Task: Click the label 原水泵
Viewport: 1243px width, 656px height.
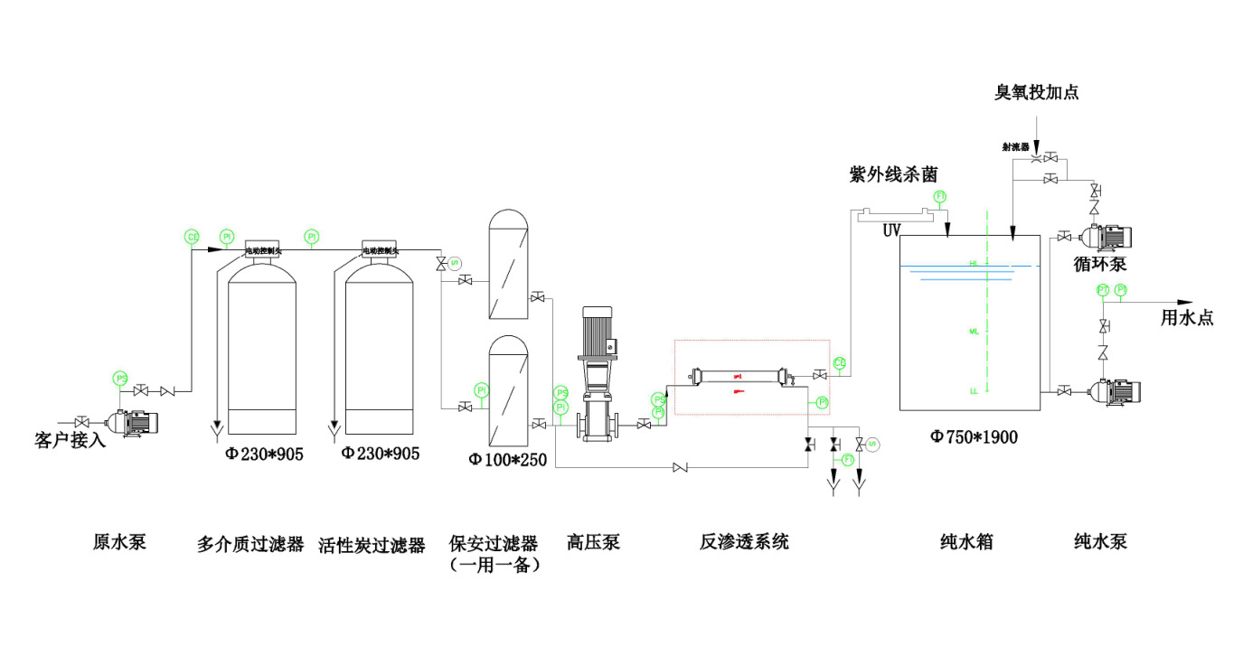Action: (x=119, y=542)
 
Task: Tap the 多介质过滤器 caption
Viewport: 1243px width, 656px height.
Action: (x=250, y=545)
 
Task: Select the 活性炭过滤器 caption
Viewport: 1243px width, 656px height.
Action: (x=372, y=545)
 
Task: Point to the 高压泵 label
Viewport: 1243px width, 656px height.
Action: (x=593, y=542)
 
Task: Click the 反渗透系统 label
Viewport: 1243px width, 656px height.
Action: (x=744, y=542)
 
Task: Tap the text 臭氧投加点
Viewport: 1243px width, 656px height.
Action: (x=1037, y=92)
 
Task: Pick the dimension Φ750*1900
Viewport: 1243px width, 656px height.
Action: (x=975, y=437)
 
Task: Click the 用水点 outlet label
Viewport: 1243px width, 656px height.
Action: (x=1187, y=317)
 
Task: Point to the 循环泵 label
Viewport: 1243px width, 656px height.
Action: (x=1098, y=264)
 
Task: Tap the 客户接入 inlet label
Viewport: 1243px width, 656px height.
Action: (x=71, y=441)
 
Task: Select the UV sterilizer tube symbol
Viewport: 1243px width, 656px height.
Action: (x=895, y=214)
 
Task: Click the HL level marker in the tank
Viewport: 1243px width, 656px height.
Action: (x=974, y=263)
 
